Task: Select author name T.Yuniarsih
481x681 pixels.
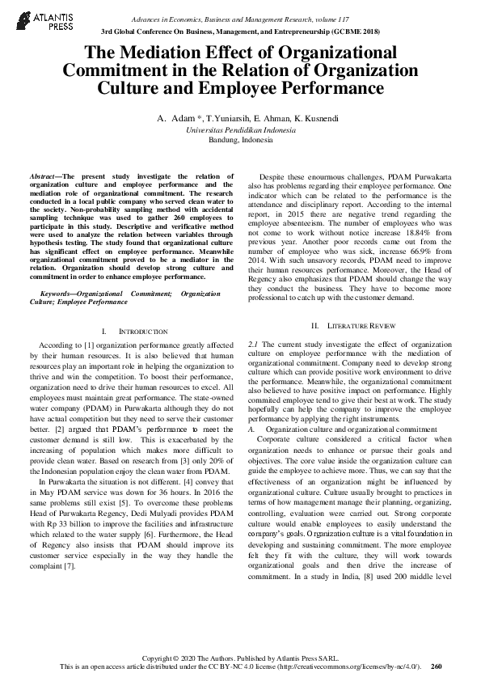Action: [x=227, y=119]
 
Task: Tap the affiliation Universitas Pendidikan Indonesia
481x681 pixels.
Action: [x=240, y=129]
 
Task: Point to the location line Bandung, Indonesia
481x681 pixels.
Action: [x=240, y=139]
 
